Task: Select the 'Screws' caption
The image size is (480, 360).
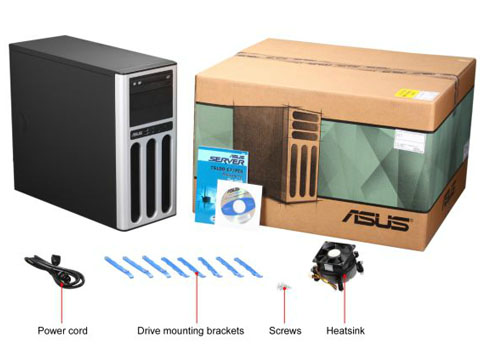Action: (285, 330)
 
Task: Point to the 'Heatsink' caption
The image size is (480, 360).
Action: (344, 330)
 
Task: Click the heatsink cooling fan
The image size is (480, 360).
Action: (343, 262)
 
